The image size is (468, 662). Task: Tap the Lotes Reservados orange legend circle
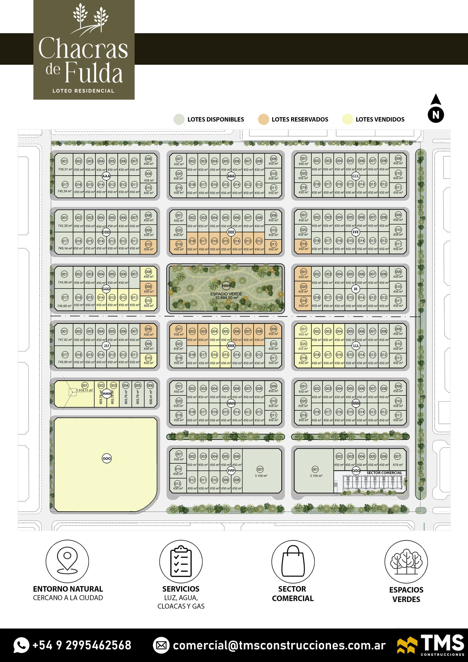(x=263, y=119)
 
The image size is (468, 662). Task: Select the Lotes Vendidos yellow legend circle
(x=347, y=119)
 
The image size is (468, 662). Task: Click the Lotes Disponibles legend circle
(x=179, y=119)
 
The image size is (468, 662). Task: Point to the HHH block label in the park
(x=226, y=285)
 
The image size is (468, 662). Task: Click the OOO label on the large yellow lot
(x=107, y=459)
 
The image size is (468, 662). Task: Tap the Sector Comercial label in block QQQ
(x=384, y=473)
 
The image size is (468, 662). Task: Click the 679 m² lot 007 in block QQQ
(x=398, y=460)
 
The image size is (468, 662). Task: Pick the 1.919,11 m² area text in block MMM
(x=84, y=390)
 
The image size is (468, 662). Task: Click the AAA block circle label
(x=106, y=176)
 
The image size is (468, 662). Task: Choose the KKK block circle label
(x=231, y=345)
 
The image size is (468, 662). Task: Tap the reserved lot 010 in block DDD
(x=148, y=246)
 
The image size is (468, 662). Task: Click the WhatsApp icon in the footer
(x=21, y=645)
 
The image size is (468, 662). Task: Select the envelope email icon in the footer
(x=161, y=645)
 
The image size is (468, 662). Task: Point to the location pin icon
(x=67, y=561)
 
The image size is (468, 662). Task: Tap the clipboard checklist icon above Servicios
(x=181, y=561)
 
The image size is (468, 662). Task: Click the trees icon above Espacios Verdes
(x=406, y=561)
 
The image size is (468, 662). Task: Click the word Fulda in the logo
(x=93, y=73)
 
